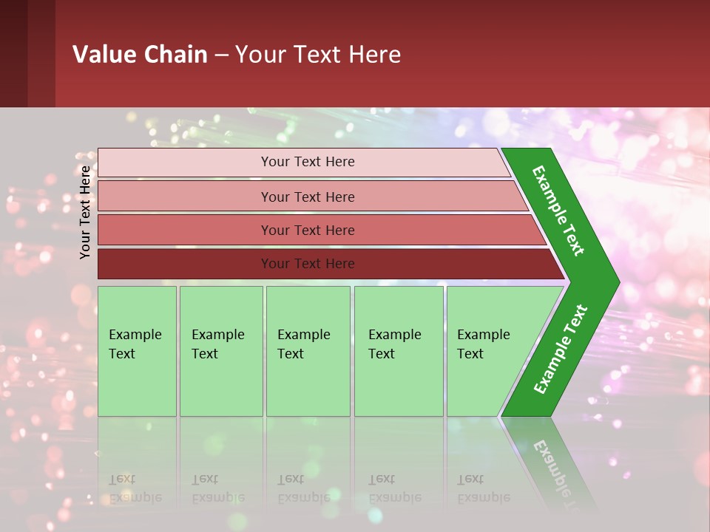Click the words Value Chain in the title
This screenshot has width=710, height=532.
click(140, 55)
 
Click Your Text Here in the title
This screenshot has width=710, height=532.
click(318, 55)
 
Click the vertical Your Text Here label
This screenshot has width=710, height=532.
click(86, 212)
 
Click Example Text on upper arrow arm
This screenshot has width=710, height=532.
click(558, 211)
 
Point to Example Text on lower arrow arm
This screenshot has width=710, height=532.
click(560, 349)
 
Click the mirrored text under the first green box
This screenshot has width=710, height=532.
click(135, 488)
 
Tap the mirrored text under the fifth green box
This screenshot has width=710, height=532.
click(483, 488)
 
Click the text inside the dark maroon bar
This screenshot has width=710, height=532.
click(308, 264)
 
